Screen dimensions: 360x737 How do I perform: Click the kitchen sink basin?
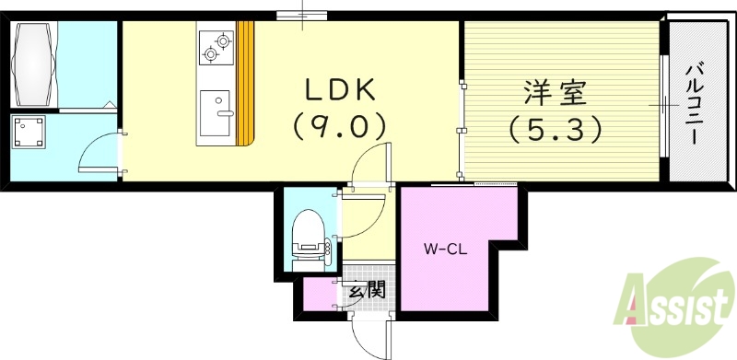[x=217, y=102]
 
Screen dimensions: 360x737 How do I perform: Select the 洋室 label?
[x=556, y=92]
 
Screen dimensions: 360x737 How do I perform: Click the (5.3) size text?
[x=556, y=128]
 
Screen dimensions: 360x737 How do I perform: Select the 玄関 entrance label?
[x=366, y=292]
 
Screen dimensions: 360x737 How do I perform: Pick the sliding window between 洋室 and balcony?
[x=662, y=106]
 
